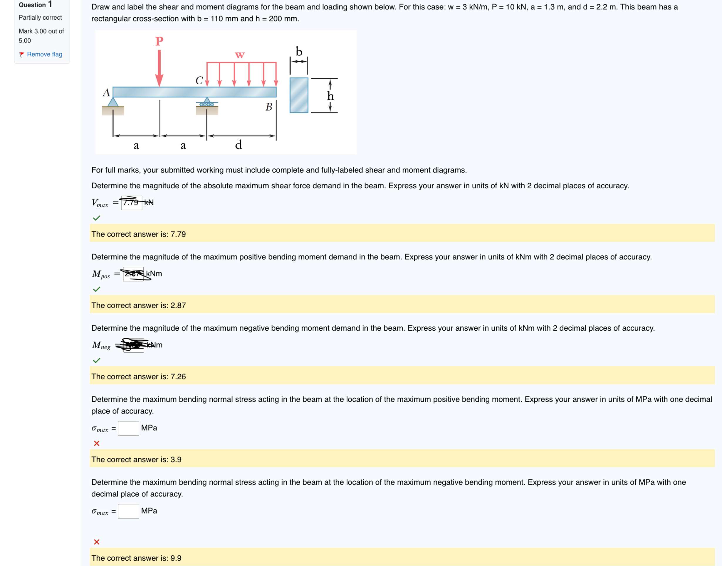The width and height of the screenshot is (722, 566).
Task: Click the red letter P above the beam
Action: pos(159,41)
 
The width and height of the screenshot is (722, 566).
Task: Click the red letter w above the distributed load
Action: pos(240,55)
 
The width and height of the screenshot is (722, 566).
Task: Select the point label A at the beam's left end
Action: pos(106,92)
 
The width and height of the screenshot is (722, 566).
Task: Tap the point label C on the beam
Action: pos(199,80)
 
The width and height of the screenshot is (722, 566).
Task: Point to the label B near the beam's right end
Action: pos(269,107)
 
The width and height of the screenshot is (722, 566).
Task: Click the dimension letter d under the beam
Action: pos(239,145)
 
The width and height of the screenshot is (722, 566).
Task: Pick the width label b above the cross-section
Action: pos(299,52)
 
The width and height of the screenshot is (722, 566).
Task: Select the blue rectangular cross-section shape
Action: pos(299,95)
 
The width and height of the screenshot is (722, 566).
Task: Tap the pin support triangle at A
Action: pos(113,102)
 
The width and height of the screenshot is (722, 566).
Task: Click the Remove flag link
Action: pos(44,54)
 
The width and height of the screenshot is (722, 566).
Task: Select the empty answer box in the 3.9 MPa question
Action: pos(128,428)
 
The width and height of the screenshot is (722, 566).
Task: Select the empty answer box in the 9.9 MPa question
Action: pos(128,511)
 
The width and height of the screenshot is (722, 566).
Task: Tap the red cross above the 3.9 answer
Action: pos(97,443)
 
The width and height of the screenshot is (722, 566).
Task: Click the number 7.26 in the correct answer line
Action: pos(178,377)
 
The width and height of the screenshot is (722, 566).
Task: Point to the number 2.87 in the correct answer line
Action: pos(178,305)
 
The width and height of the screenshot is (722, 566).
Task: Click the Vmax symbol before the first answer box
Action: pos(100,203)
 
